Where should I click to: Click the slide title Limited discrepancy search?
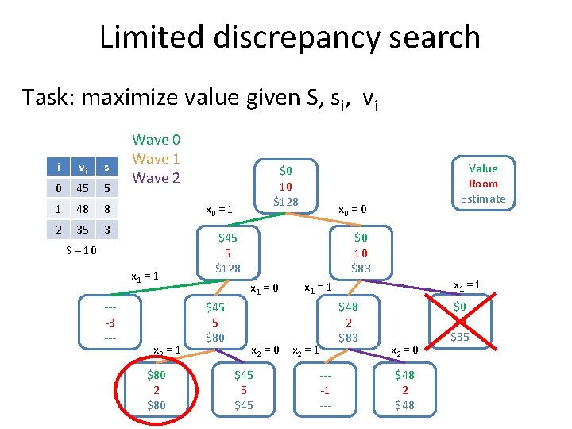coord(289,37)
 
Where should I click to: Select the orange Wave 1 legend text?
coord(156,159)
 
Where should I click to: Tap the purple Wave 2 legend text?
coord(156,177)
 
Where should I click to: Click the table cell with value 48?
coord(82,209)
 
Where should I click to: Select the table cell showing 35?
coord(82,230)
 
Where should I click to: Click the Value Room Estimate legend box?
coord(483,184)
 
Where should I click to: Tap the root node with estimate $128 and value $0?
coord(286,187)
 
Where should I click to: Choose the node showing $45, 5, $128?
coord(228,252)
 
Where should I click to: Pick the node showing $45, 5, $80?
coord(215,323)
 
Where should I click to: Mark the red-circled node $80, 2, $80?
coord(157,390)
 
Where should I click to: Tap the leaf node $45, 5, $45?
coord(243,390)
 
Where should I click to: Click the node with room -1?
coord(324,390)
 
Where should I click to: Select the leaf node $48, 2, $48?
coord(404,390)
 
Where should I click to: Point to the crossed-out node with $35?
coord(460,321)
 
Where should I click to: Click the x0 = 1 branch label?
coord(218,211)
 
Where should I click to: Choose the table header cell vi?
coord(82,167)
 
